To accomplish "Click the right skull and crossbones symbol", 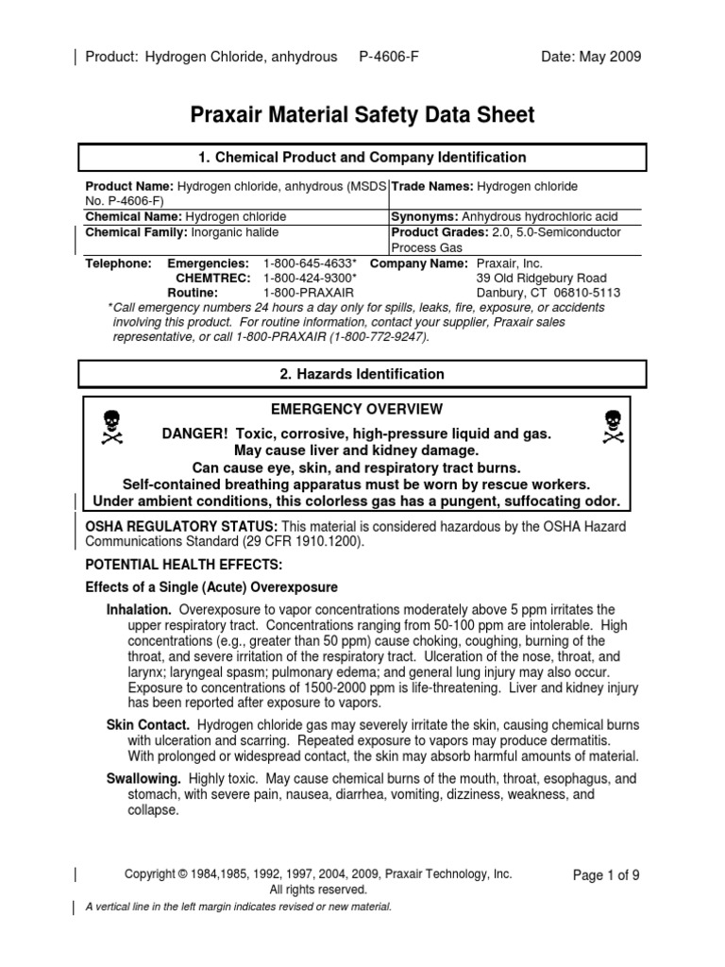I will (x=612, y=428).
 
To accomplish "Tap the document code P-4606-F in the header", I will (x=389, y=57).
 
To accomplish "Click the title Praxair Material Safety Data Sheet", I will (x=362, y=115).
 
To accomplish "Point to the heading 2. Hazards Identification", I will (x=362, y=374).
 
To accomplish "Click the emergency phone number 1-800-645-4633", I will (x=310, y=263).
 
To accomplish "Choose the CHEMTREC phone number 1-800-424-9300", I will (x=310, y=279).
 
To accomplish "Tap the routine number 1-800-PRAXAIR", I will (x=305, y=294).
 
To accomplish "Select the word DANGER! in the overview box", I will (x=195, y=433).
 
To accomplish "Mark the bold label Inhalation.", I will (x=139, y=609).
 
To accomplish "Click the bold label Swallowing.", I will (x=143, y=779).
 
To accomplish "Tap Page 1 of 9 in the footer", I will (x=606, y=875).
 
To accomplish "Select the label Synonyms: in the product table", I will (x=425, y=216).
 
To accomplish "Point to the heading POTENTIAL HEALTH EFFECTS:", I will (x=171, y=564).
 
